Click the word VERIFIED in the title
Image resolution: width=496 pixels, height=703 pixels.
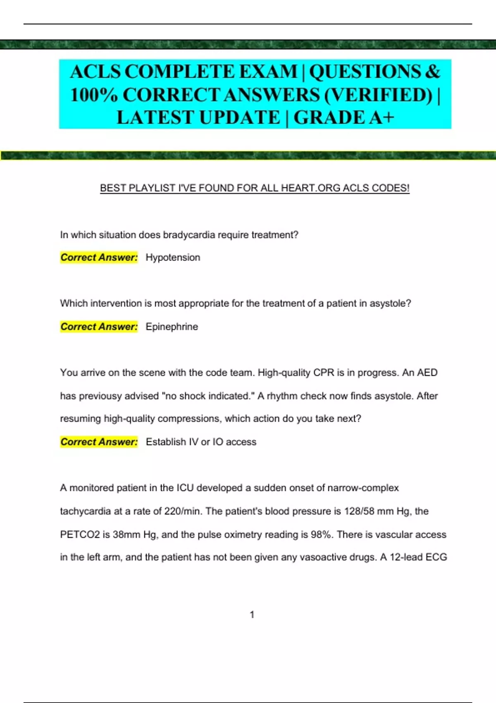[379, 95]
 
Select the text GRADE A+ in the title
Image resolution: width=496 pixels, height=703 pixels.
[343, 118]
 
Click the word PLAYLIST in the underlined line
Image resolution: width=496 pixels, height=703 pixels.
[152, 188]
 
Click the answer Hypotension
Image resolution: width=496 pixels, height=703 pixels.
[173, 258]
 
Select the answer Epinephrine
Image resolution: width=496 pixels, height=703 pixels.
[172, 327]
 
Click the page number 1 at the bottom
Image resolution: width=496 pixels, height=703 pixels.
[252, 615]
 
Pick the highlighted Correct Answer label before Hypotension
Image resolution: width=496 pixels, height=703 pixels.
[99, 258]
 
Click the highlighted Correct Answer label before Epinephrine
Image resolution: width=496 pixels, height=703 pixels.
[99, 327]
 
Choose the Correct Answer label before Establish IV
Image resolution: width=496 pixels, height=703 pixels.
[99, 442]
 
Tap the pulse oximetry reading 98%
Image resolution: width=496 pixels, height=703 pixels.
[321, 535]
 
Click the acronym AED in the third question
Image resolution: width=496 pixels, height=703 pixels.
[427, 373]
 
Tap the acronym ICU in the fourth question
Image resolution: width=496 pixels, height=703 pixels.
[185, 488]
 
